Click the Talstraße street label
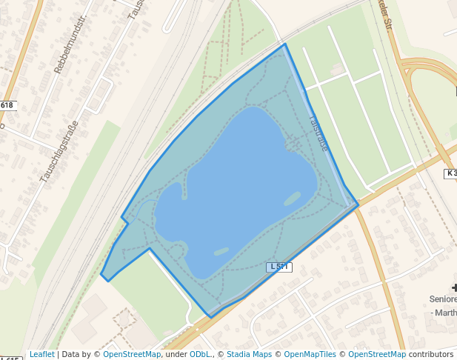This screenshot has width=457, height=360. click(318, 131)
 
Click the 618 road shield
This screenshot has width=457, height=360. click(7, 105)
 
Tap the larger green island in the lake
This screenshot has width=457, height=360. click(292, 199)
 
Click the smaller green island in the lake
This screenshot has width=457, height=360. click(219, 251)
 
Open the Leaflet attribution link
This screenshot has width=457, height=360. click(41, 354)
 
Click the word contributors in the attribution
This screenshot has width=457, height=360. click(431, 354)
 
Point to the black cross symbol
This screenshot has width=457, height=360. click(453, 287)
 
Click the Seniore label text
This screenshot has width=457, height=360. click(443, 299)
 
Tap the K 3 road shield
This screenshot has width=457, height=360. click(450, 173)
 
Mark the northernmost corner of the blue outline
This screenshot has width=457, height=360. click(284, 44)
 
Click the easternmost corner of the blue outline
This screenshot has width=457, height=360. click(358, 204)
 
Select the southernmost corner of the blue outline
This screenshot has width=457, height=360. click(211, 317)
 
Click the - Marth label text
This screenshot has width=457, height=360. click(444, 313)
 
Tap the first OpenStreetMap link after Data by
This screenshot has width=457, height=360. click(132, 354)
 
